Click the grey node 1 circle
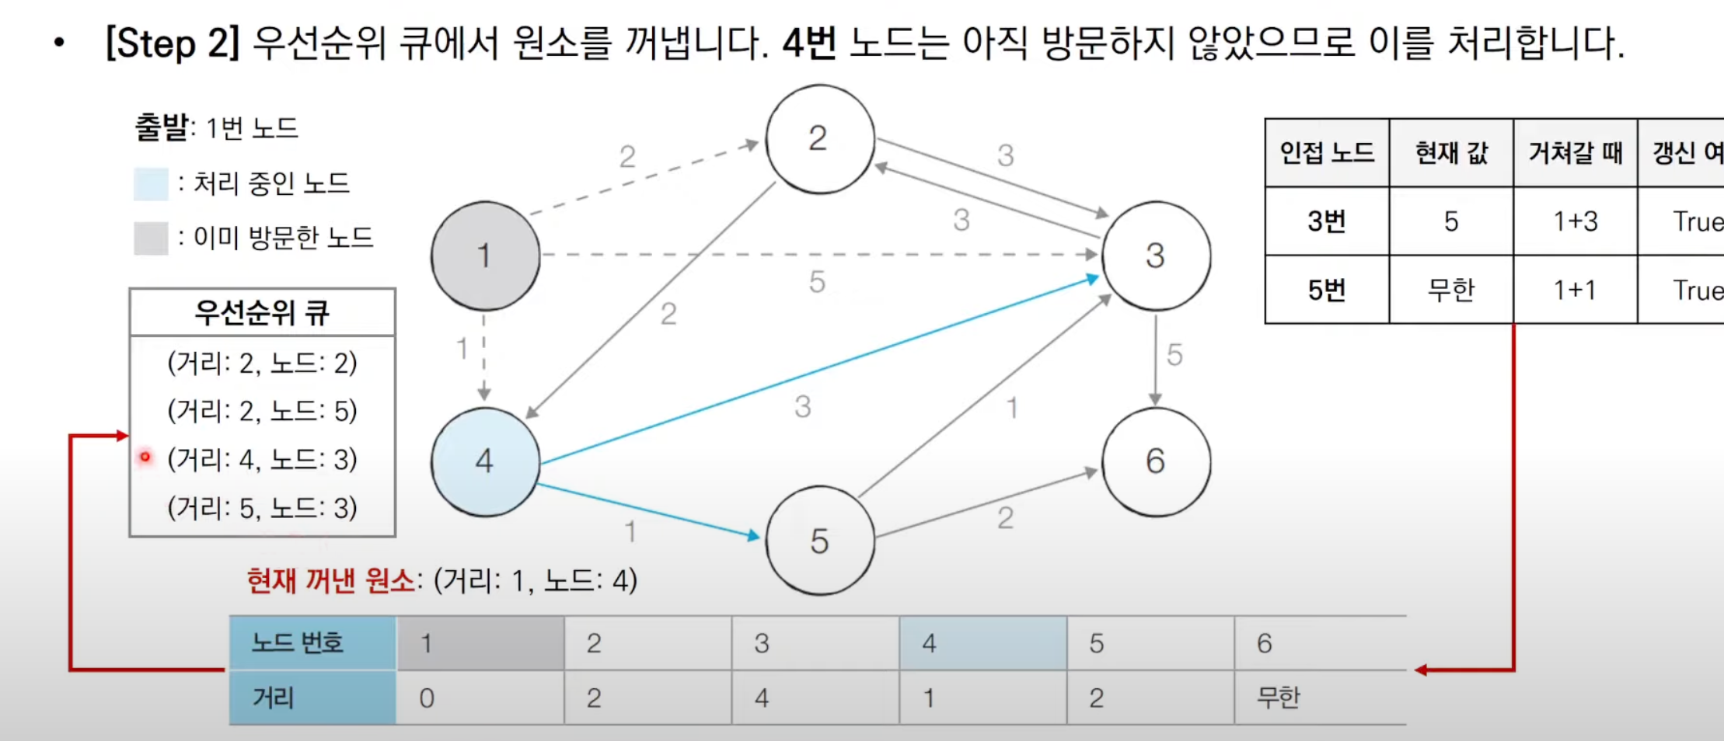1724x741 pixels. point(485,256)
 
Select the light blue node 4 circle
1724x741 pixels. point(485,461)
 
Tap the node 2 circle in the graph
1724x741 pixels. point(819,139)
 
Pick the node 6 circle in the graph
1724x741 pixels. point(1156,461)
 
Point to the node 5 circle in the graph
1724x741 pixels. point(819,541)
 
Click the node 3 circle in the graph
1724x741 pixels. point(1156,256)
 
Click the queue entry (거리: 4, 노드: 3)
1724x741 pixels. point(262,459)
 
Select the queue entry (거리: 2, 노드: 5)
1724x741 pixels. point(262,410)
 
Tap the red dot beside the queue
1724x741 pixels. point(145,457)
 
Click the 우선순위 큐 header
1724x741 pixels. point(262,313)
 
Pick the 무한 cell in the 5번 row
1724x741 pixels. point(1450,290)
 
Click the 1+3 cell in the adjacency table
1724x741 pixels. point(1575,221)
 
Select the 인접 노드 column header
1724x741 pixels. point(1327,153)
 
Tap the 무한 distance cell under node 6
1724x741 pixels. point(1278,698)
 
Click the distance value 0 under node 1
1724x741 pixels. point(427,698)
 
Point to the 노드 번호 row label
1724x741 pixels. point(297,643)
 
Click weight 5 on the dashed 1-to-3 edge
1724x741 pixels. point(816,282)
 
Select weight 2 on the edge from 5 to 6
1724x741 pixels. point(1005,518)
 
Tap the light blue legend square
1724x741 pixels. point(151,184)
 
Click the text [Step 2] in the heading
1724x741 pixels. point(173,43)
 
